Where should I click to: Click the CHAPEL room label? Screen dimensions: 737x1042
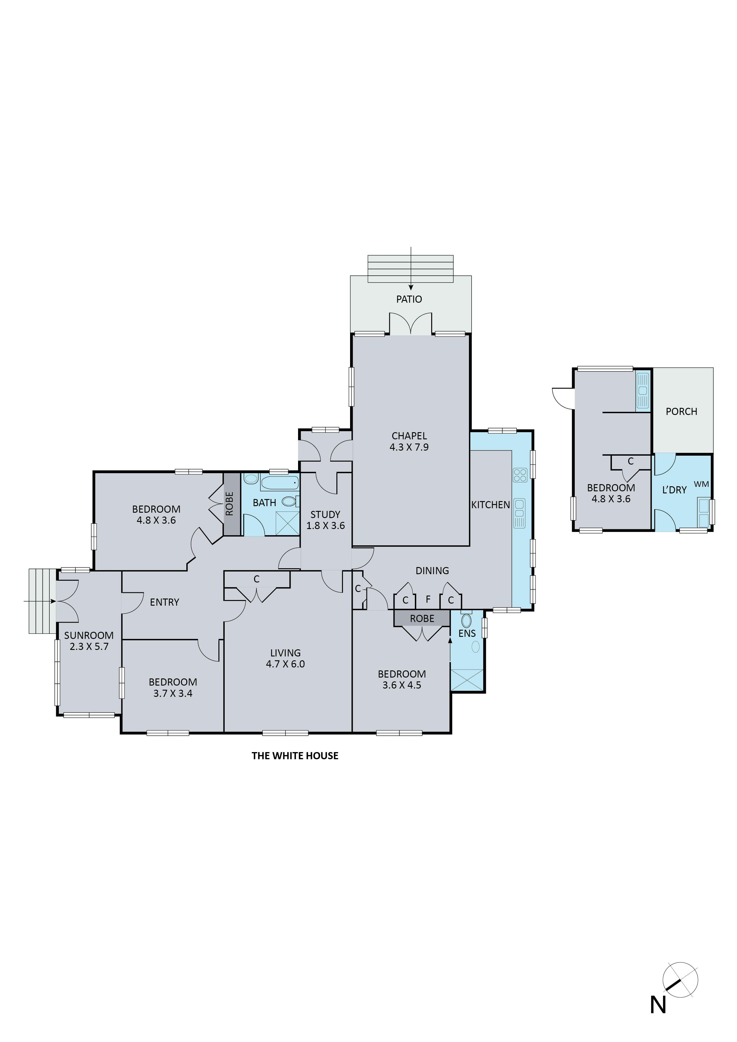coord(409,436)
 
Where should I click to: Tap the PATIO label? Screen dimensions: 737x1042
coord(409,299)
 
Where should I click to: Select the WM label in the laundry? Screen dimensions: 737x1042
coord(701,484)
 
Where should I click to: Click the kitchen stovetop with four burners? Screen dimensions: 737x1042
coord(519,475)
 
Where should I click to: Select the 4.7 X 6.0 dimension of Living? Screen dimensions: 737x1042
coord(285,664)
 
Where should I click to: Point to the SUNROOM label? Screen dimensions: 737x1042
coord(89,635)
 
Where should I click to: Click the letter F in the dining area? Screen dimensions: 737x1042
coord(428,599)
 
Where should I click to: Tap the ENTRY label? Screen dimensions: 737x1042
coord(164,602)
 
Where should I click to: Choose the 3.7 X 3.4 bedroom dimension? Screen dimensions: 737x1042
coord(173,694)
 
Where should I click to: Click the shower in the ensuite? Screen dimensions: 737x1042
coord(467,680)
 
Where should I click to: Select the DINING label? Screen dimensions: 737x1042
coord(432,571)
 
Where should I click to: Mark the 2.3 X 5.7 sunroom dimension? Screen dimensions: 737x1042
coord(89,647)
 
